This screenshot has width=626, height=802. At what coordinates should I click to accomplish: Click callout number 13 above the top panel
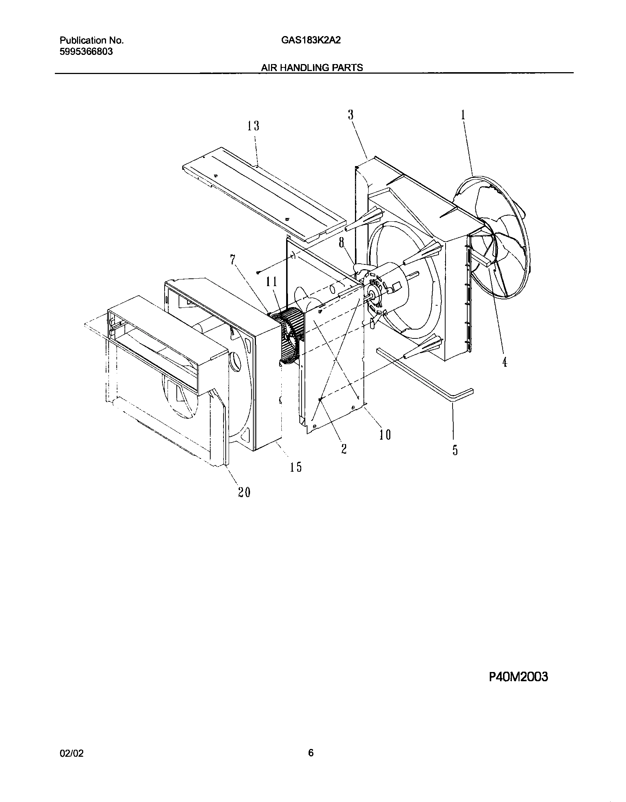coord(253,126)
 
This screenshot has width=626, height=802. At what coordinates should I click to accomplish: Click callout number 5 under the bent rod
coord(455,450)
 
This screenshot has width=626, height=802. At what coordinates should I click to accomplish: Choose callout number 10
coord(385,435)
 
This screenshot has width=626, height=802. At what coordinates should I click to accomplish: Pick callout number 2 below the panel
coord(344,449)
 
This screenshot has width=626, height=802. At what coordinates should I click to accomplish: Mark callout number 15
coord(296,467)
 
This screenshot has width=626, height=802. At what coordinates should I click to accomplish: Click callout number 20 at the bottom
coord(244,492)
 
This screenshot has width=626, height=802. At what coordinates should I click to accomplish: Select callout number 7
coord(232,260)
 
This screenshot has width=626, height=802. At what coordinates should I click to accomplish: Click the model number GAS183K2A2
coord(311,41)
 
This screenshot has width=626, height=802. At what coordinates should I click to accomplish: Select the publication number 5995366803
coord(86,52)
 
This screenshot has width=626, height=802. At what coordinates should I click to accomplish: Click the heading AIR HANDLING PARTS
coord(312,68)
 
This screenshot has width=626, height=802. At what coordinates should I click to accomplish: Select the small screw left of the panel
coord(258,272)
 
